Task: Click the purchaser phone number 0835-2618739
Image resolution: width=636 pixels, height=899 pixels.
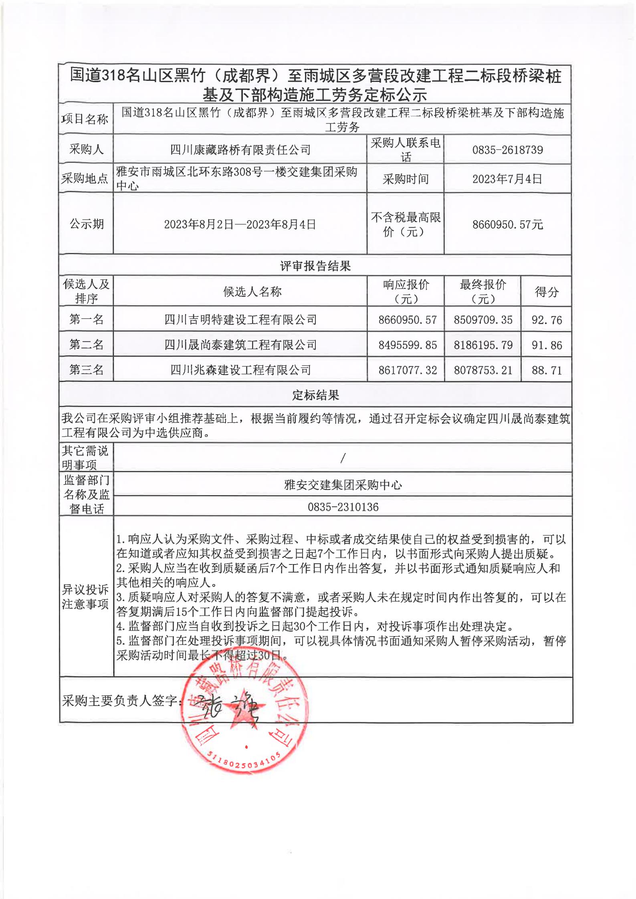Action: pos(507,150)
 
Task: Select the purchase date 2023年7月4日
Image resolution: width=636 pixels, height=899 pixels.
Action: pos(507,179)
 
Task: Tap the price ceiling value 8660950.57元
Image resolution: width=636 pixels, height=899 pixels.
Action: pos(507,224)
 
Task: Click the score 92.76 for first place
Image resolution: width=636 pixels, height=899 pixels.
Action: pos(547,320)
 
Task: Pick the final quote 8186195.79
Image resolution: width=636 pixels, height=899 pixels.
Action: pos(483,345)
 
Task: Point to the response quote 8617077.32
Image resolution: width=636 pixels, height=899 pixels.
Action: pos(407,370)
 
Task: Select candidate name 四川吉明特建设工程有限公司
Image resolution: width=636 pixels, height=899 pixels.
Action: pos(240,320)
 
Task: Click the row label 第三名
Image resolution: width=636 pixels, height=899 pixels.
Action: pos(86,370)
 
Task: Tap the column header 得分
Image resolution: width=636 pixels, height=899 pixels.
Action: pos(547,292)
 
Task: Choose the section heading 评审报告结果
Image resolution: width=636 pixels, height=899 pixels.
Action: pos(315,266)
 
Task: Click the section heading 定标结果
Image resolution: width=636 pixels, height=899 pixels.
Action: pos(315,395)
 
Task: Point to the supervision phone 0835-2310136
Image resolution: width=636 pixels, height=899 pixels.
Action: pos(343,507)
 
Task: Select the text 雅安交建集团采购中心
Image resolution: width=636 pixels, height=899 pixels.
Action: pos(343,485)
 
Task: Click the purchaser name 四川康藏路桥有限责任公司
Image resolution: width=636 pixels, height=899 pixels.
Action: pos(240,150)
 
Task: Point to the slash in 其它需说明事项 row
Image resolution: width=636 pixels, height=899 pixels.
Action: pos(343,458)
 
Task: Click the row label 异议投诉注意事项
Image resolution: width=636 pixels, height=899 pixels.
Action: pos(85,597)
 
